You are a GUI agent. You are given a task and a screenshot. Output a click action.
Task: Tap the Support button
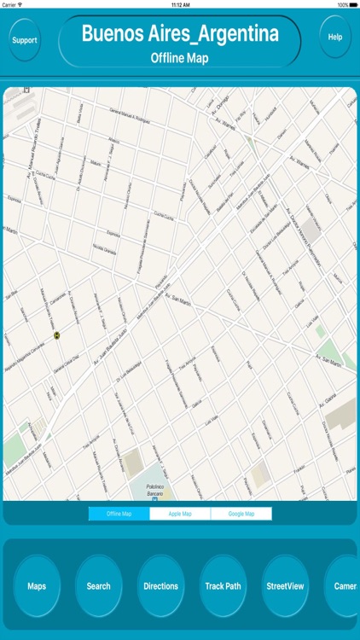pyautogui.click(x=25, y=39)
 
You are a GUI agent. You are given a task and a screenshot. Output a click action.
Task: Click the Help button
pyautogui.click(x=335, y=37)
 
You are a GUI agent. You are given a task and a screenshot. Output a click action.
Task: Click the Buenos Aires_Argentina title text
pyautogui.click(x=180, y=34)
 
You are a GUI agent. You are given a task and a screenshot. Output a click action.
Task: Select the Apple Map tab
pyautogui.click(x=180, y=514)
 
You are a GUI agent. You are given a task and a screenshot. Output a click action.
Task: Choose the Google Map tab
pyautogui.click(x=241, y=514)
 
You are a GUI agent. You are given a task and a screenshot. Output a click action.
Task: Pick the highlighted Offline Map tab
pyautogui.click(x=119, y=514)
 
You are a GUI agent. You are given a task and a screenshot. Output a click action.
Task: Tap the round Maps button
pyautogui.click(x=37, y=586)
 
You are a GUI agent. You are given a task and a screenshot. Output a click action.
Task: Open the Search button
pyautogui.click(x=98, y=586)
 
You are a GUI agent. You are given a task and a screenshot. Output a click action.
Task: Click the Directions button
pyautogui.click(x=160, y=586)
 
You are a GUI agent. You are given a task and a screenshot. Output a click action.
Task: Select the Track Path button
pyautogui.click(x=223, y=586)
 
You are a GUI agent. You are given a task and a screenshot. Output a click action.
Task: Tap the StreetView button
pyautogui.click(x=285, y=586)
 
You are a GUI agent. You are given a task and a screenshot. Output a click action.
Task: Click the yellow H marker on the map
pyautogui.click(x=57, y=335)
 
